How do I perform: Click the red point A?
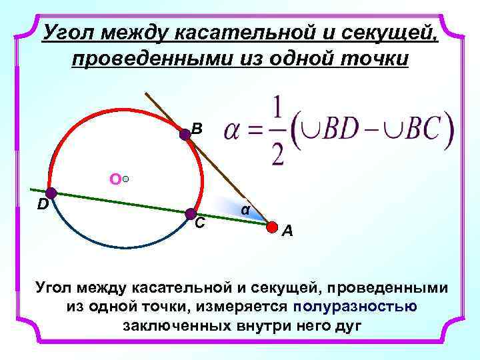[272, 227]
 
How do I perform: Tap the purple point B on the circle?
[185, 135]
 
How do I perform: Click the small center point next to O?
[126, 179]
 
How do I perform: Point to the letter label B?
[196, 129]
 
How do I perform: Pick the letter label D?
[41, 205]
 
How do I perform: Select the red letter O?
[115, 179]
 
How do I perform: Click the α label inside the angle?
[245, 209]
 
